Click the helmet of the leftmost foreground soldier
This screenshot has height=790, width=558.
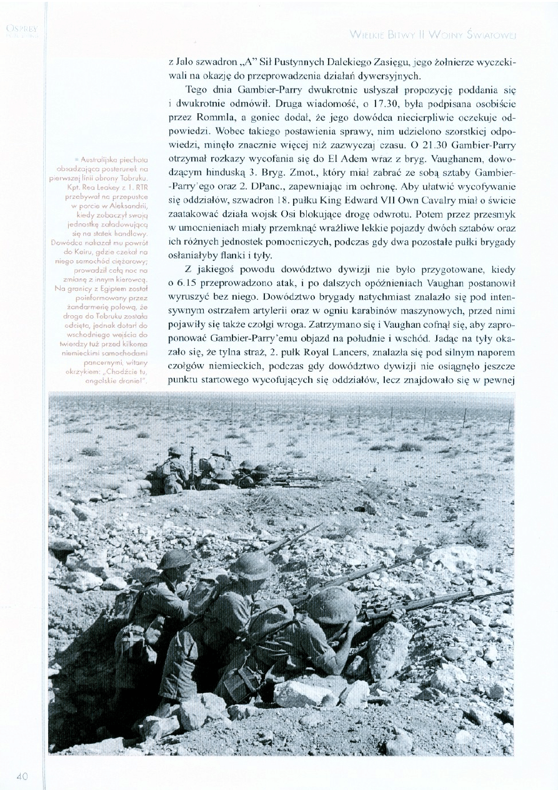pyautogui.click(x=175, y=559)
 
